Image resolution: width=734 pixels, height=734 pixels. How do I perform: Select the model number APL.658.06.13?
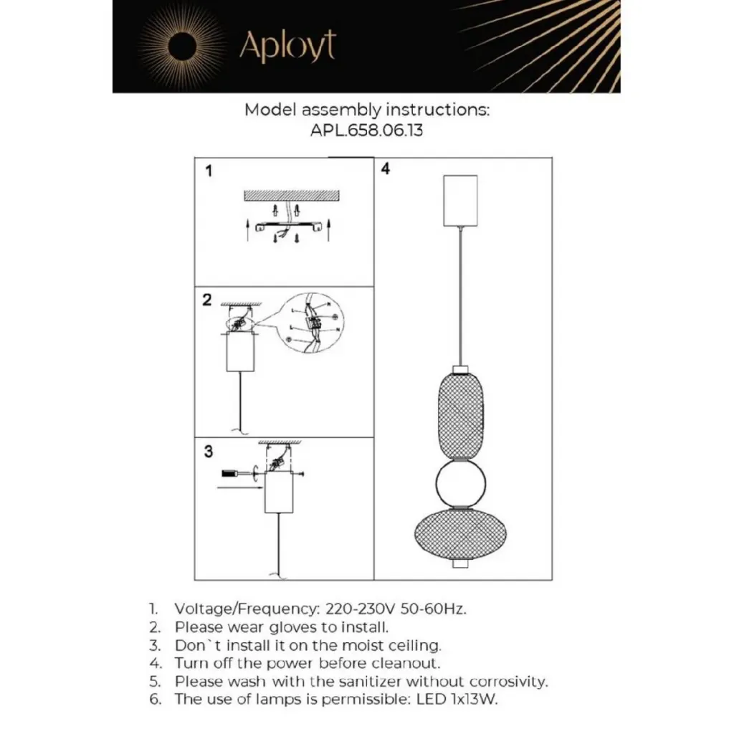coord(367,131)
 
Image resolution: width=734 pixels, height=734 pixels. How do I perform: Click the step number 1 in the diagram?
coord(209,171)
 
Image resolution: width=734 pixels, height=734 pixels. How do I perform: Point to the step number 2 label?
coord(207,300)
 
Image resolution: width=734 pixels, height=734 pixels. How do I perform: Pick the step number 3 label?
coord(209,452)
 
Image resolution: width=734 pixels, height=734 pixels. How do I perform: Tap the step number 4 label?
coord(386,170)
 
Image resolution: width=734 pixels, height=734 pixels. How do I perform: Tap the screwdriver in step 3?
coord(234,473)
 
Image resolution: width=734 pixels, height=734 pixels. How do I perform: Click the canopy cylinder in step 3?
coord(279,494)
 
